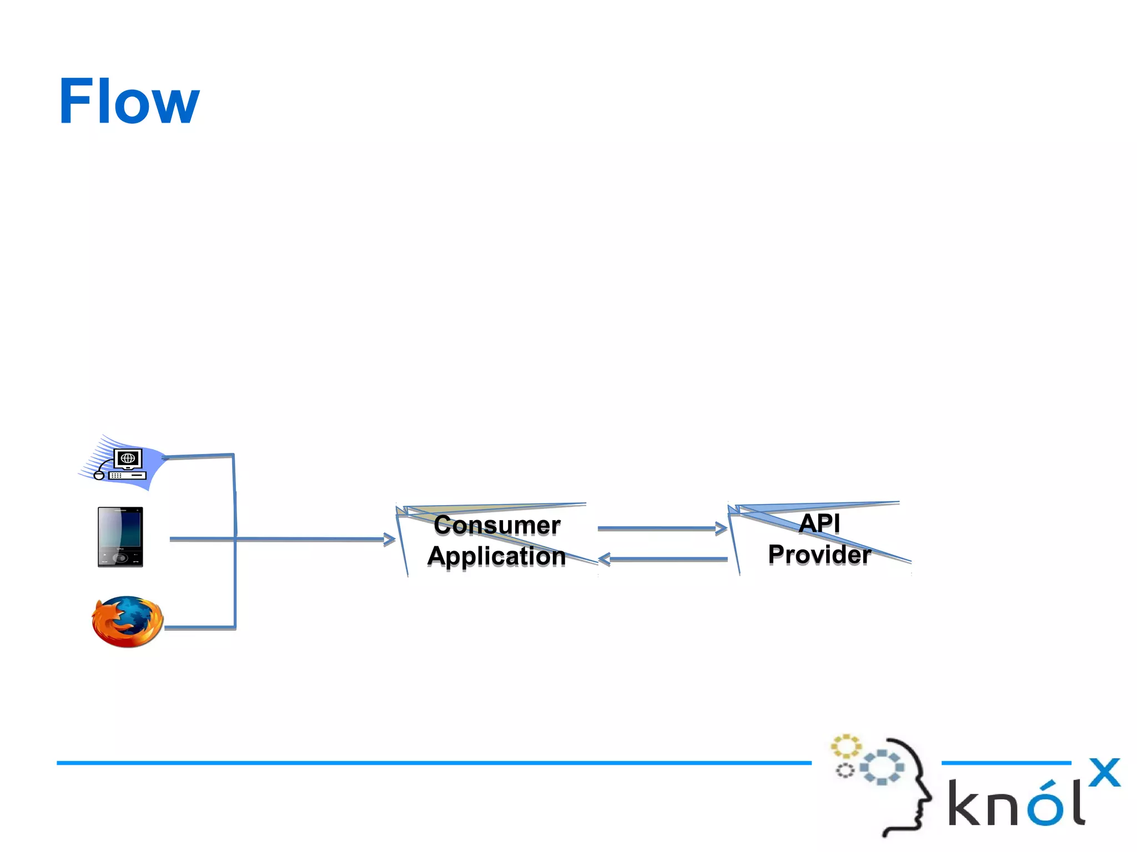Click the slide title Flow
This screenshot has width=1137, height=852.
click(129, 102)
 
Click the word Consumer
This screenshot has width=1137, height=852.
click(497, 525)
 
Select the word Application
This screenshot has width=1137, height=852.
click(496, 556)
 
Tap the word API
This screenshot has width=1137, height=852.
click(819, 523)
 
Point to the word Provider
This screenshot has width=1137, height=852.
click(819, 554)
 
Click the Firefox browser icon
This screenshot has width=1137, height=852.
click(127, 622)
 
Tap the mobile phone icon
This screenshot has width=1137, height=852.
click(120, 537)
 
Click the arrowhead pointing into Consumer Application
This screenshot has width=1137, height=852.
click(390, 539)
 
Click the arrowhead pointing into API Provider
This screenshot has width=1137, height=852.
click(722, 528)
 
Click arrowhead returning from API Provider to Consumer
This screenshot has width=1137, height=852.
click(605, 559)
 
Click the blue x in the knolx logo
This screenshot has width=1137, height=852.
click(1104, 772)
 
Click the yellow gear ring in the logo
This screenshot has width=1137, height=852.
click(846, 746)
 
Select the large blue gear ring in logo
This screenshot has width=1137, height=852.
click(882, 767)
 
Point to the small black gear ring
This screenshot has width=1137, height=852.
click(845, 770)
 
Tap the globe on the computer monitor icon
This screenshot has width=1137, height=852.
click(128, 458)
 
